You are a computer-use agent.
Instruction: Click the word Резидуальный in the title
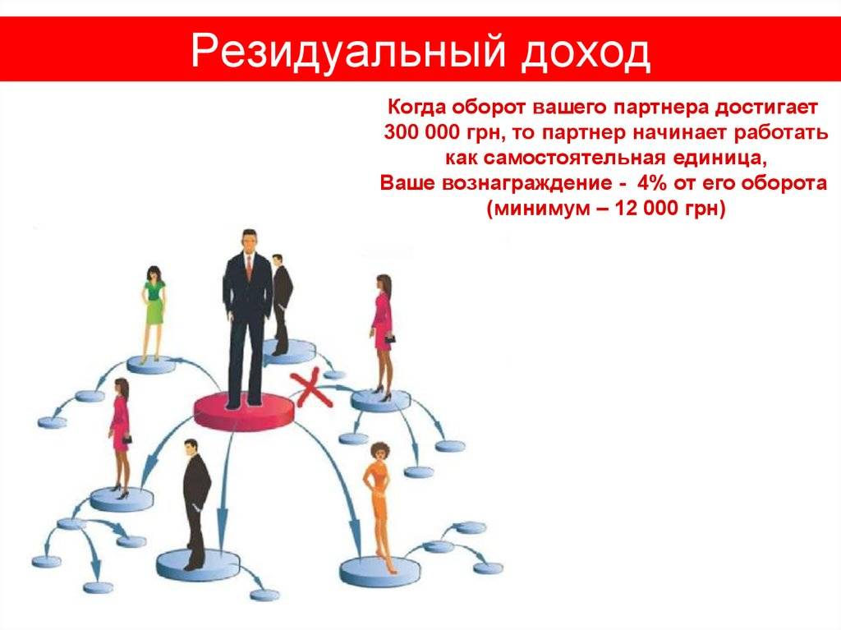347,52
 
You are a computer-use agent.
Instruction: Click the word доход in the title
586,53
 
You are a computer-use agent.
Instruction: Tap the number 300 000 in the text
422,132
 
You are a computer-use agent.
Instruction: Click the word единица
715,159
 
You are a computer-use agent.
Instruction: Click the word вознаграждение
526,183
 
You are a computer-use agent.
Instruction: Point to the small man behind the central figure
282,304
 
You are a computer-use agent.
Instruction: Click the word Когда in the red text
416,108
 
